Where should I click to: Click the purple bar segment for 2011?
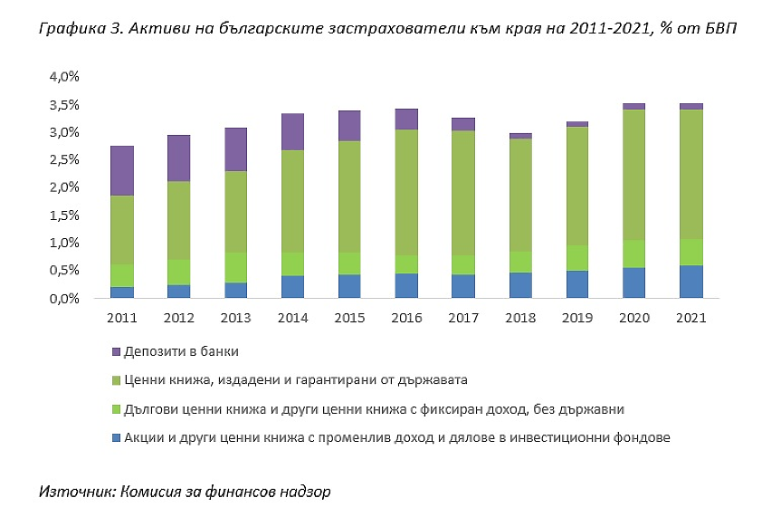tap(122, 170)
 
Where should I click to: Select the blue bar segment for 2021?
tap(692, 282)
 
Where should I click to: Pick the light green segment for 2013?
tap(235, 267)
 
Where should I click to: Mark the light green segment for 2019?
tap(577, 258)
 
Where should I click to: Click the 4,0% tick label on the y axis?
tap(63, 77)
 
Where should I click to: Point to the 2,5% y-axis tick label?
tap(63, 160)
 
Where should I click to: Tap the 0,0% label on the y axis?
tap(63, 299)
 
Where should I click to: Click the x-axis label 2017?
tap(462, 319)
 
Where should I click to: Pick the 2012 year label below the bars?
tap(178, 319)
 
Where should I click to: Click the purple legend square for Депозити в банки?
tap(116, 349)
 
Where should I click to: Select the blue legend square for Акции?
tap(116, 438)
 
